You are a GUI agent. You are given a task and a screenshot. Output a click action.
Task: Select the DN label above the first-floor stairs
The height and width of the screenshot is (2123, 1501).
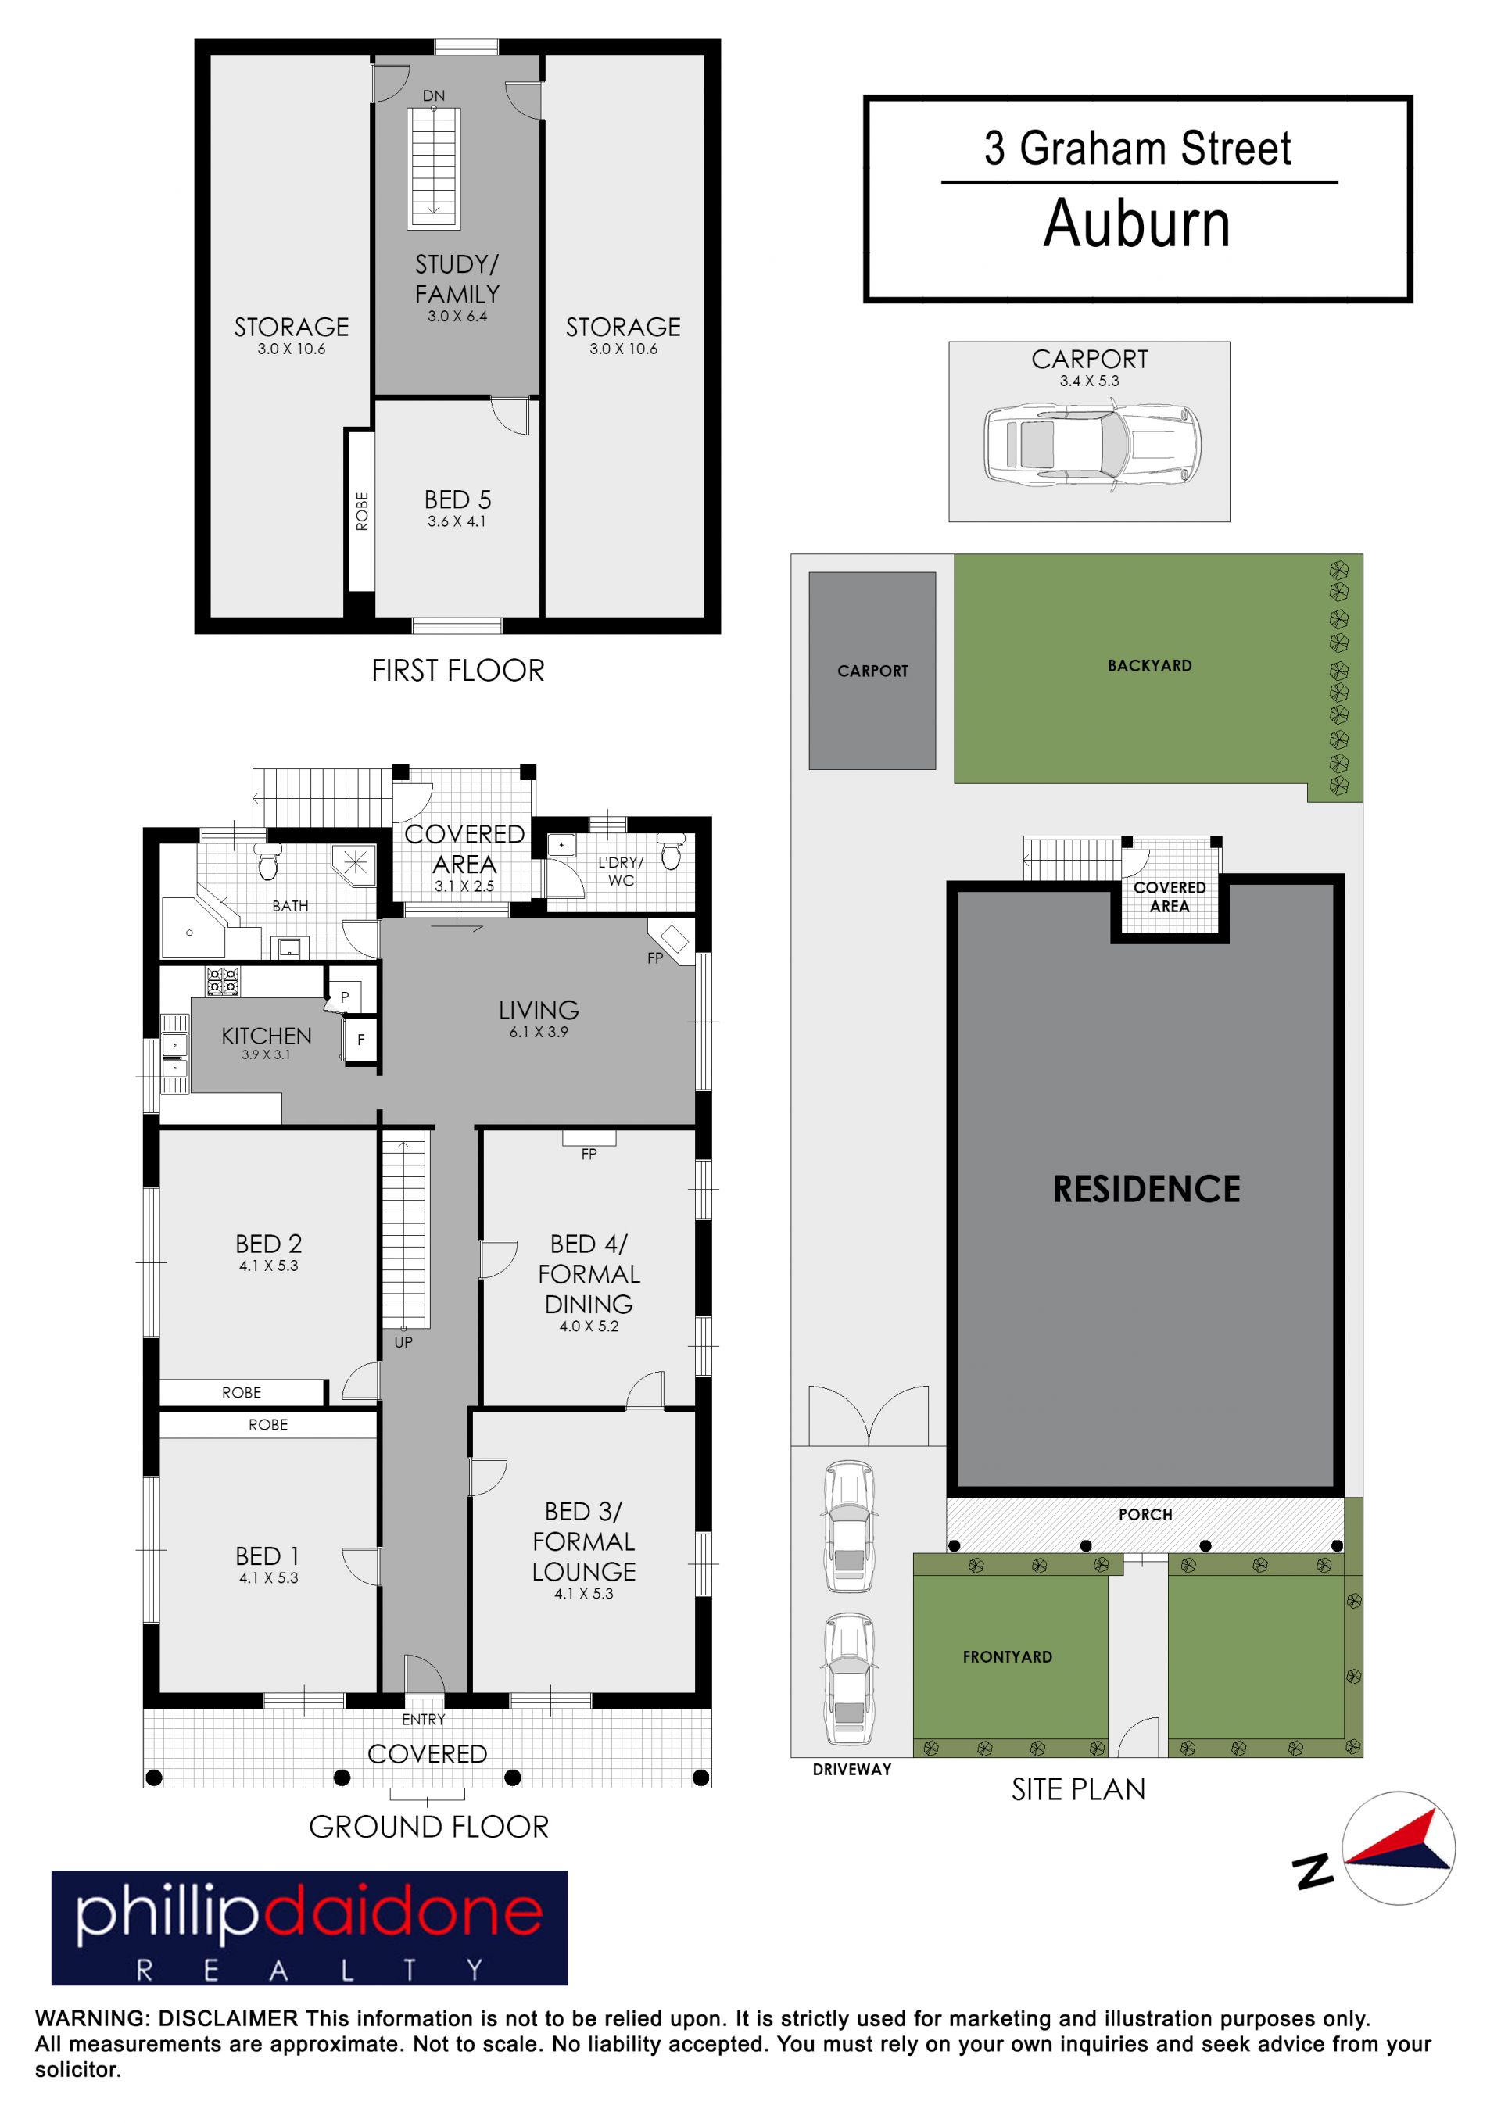pos(434,95)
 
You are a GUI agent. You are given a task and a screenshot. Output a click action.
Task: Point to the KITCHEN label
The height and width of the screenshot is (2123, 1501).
pos(267,1036)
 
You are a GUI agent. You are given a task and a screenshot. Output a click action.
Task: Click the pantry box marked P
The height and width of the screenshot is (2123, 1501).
pos(345,997)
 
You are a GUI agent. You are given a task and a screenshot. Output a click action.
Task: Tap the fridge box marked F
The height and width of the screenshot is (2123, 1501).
pos(360,1040)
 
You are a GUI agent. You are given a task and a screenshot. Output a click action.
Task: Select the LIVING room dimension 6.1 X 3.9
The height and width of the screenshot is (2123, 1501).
pos(539,1032)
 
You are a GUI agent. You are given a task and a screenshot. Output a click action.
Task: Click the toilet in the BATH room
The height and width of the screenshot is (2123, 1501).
pos(267,861)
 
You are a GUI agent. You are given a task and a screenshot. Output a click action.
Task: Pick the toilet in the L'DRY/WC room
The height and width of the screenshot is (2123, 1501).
pos(672,853)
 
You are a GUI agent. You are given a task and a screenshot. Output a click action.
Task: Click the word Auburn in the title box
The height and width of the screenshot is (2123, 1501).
pos(1137,224)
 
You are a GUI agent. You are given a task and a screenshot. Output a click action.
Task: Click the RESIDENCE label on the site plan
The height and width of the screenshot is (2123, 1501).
pos(1147,1189)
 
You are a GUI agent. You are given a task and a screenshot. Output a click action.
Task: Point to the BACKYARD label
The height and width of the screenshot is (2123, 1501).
pos(1149,666)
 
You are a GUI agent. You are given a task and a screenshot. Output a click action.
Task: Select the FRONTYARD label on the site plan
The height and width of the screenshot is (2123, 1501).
pos(1007,1657)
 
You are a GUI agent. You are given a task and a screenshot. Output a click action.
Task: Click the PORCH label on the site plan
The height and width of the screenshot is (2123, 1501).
pos(1145,1515)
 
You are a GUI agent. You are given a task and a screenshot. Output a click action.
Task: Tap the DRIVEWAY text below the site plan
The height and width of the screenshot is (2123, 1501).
pos(852,1770)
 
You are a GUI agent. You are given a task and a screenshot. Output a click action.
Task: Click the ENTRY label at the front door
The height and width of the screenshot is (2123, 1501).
pos(424,1719)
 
